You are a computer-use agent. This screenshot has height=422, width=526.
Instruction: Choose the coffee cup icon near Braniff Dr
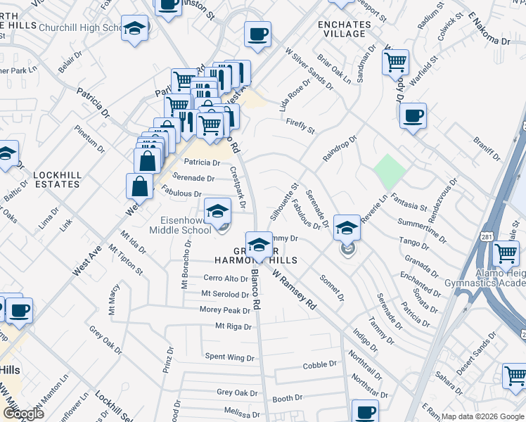(x=413, y=115)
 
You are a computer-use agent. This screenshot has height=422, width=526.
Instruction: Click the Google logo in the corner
(x=23, y=413)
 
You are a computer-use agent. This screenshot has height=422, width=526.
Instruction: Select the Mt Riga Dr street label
(x=233, y=326)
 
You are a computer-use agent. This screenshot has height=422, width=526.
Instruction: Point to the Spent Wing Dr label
(x=229, y=358)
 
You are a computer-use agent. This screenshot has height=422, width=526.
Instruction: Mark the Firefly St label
(x=300, y=126)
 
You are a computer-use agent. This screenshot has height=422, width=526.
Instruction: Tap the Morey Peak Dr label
(x=225, y=310)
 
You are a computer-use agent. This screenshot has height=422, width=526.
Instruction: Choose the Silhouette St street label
(x=286, y=200)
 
